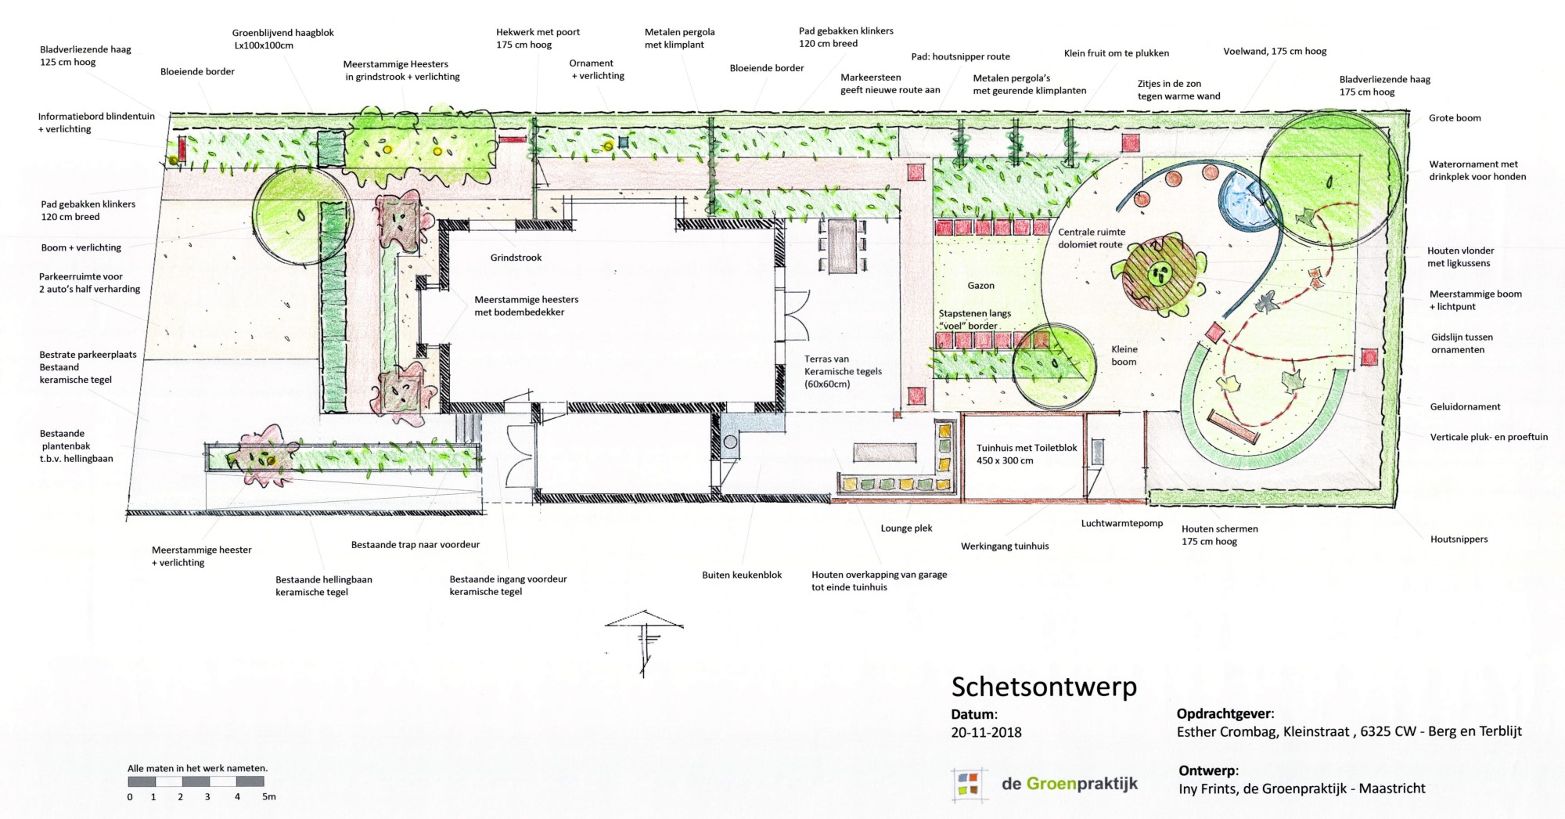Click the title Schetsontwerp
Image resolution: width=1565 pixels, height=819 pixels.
click(x=1044, y=687)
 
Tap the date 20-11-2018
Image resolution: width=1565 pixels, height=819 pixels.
click(x=986, y=733)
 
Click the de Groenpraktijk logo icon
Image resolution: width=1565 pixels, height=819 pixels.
click(x=967, y=785)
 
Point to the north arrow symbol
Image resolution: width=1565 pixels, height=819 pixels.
click(x=644, y=642)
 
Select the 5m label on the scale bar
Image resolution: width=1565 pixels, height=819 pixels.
click(x=268, y=797)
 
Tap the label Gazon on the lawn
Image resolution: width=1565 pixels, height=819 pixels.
click(x=980, y=286)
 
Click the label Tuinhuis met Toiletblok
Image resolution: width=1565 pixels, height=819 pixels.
click(x=1027, y=448)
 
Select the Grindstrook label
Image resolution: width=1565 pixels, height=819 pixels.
click(x=516, y=258)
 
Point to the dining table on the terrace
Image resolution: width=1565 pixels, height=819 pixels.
click(x=843, y=246)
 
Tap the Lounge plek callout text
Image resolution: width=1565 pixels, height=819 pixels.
click(x=906, y=529)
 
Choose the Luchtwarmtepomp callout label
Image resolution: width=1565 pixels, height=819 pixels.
click(x=1122, y=523)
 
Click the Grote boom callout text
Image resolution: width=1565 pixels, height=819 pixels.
click(x=1455, y=118)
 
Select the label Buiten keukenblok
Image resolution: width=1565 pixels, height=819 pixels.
click(x=742, y=575)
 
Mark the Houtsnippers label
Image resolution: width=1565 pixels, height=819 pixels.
click(x=1459, y=539)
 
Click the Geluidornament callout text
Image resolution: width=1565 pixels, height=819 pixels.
click(x=1466, y=407)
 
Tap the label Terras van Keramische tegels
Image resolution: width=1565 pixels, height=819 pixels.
click(x=843, y=371)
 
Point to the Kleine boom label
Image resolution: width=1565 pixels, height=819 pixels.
click(x=1124, y=355)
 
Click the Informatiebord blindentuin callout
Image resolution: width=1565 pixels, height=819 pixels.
click(x=96, y=123)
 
